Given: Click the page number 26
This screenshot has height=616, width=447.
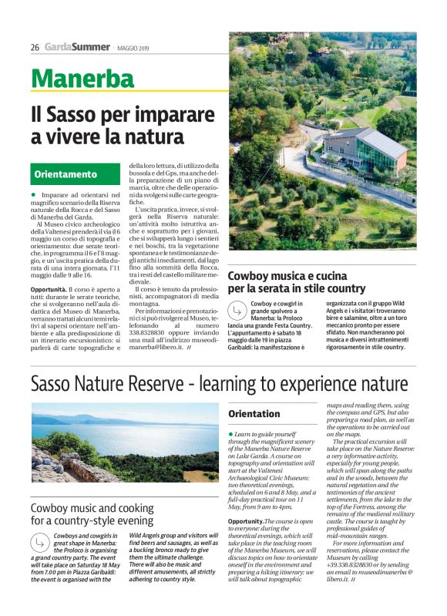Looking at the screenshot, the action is (35, 47).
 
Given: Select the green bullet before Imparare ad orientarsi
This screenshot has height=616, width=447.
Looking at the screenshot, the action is (34, 196).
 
